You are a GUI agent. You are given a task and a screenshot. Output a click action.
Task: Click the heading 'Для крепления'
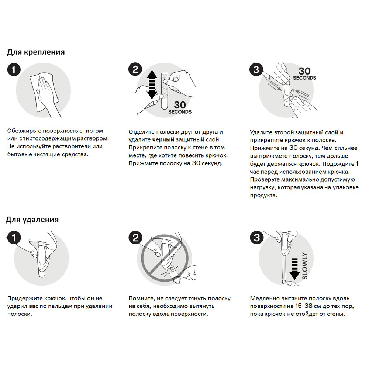pyautogui.click(x=36, y=52)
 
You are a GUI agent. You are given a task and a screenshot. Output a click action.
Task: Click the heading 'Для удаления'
pyautogui.click(x=32, y=220)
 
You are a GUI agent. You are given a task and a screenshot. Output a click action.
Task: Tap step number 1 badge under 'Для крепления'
pyautogui.click(x=14, y=70)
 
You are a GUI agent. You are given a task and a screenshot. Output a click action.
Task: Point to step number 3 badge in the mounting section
pyautogui.click(x=256, y=70)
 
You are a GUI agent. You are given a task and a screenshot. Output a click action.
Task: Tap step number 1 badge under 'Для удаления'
pyautogui.click(x=14, y=238)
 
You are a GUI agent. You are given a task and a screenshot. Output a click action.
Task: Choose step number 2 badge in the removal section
pyautogui.click(x=135, y=238)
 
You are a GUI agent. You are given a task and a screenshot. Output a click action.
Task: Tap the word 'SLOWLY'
pyautogui.click(x=305, y=266)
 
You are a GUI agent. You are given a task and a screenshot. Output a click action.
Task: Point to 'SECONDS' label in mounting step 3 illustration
pyautogui.click(x=304, y=78)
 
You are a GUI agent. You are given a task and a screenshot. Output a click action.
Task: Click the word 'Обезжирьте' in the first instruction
pyautogui.click(x=24, y=131)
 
